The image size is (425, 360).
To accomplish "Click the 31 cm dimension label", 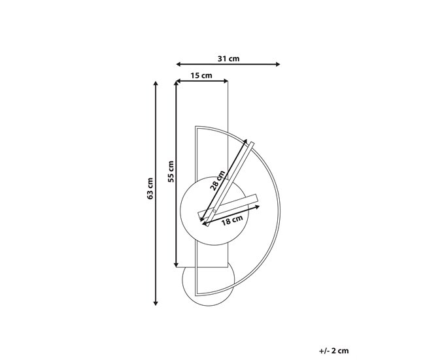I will (x=228, y=58).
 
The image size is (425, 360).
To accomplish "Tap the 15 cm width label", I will (x=202, y=75).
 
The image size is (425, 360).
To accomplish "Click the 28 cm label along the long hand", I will (x=218, y=180).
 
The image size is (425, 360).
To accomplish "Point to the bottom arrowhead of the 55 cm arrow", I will (x=177, y=264).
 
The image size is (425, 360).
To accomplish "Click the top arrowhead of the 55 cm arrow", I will (x=177, y=84).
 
